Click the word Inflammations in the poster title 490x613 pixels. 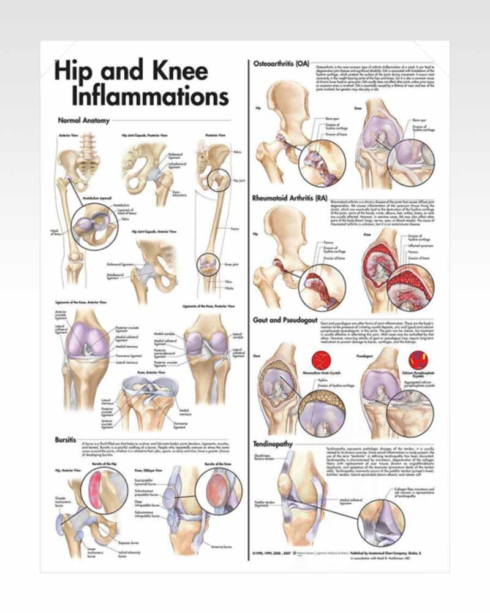click(x=149, y=96)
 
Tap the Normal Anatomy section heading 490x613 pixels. click(x=83, y=121)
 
